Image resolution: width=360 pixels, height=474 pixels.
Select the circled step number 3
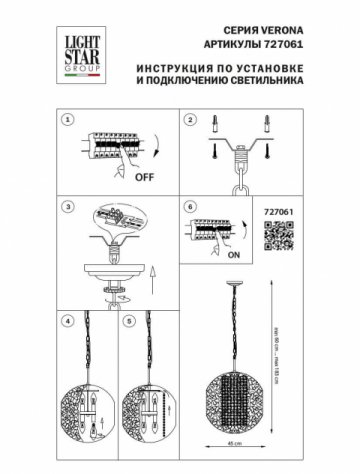point(68,207)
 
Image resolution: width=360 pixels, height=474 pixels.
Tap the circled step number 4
point(68,323)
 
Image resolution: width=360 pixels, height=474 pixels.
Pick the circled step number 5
point(128,323)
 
